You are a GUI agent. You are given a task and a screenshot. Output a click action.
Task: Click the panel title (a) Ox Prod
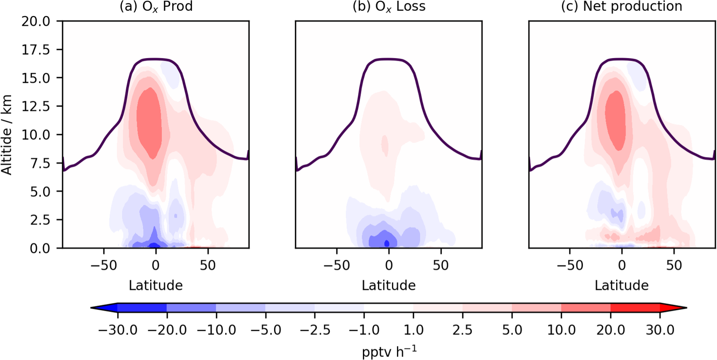(156, 6)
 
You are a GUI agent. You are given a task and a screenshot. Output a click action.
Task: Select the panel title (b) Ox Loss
(389, 6)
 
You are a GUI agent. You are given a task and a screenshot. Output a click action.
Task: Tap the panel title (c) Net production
(621, 6)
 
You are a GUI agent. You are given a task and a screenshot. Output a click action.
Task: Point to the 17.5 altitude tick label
(36, 50)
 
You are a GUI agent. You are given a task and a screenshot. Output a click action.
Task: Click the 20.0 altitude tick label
(36, 21)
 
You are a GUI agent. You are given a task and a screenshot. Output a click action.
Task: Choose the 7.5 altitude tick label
(40, 163)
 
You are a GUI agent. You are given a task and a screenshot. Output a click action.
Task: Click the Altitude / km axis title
(7, 135)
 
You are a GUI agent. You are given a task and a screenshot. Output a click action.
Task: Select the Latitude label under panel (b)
(389, 285)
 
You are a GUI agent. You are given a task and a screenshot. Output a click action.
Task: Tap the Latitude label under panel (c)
(621, 285)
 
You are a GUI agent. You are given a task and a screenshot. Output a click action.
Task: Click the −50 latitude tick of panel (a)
(104, 265)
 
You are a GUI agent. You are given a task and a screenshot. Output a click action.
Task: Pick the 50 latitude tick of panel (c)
(674, 265)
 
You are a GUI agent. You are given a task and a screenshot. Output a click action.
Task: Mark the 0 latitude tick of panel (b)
(389, 265)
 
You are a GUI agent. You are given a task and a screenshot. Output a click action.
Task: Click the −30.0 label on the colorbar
(118, 330)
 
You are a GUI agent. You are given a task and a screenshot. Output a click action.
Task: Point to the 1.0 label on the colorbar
(413, 330)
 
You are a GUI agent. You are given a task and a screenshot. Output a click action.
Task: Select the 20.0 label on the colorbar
(610, 330)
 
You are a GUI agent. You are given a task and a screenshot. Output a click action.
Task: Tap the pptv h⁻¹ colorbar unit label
(389, 352)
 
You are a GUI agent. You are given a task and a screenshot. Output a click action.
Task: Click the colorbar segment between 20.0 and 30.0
(635, 308)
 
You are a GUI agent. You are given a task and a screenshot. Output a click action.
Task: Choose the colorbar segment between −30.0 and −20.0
(142, 308)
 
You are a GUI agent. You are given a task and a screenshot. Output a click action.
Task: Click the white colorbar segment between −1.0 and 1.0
(389, 308)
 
